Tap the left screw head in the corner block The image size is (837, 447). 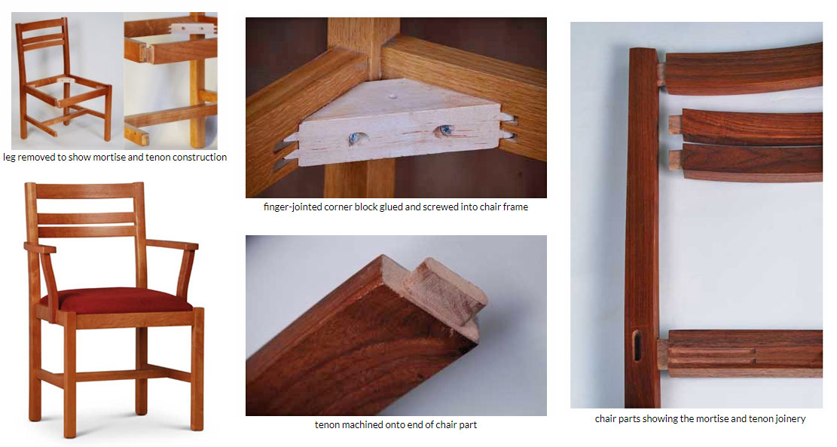354,138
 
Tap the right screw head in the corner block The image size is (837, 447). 444,130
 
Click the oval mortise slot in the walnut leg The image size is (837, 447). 637,345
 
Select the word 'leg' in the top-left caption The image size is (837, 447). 8,158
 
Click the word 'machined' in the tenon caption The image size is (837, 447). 359,425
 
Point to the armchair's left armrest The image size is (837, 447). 40,247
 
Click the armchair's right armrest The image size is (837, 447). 173,244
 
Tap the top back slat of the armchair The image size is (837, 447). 85,191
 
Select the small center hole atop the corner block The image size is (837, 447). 393,97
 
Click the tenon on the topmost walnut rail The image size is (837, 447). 661,74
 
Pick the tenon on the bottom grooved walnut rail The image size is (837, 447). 662,354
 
